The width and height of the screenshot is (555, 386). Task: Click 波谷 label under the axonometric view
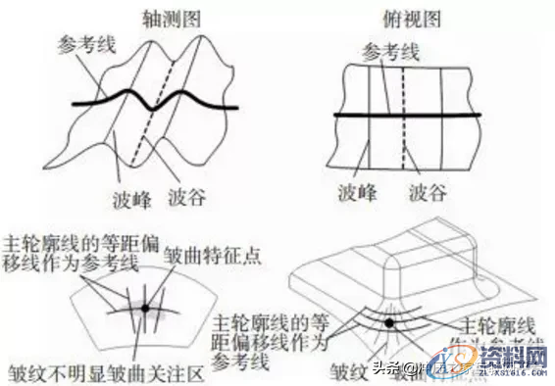tap(186, 193)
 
